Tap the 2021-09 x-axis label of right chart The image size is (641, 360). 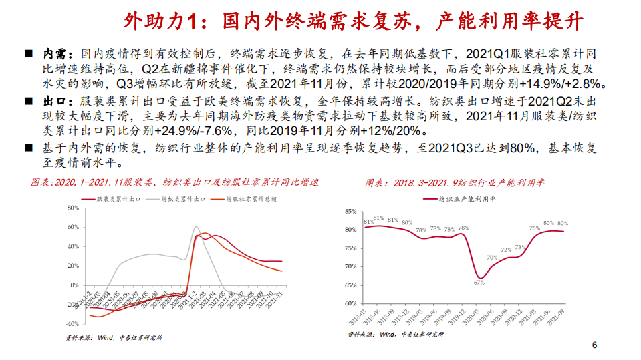(x=561, y=314)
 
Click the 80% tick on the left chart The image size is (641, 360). (x=72, y=208)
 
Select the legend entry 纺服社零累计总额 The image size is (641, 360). (x=250, y=199)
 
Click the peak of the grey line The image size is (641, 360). (x=196, y=227)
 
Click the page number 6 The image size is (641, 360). (x=594, y=345)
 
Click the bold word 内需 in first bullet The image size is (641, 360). (x=55, y=53)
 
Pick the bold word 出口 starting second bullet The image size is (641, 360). (x=55, y=101)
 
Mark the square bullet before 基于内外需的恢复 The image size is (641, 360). (x=29, y=149)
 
